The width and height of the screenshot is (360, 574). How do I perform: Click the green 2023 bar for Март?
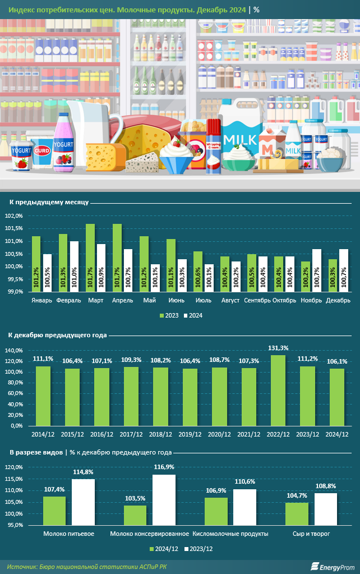pos(90,258)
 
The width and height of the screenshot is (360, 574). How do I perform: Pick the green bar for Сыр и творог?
pos(298,514)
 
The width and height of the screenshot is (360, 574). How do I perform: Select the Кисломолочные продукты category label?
pos(230,534)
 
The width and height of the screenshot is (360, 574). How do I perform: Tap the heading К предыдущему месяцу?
pos(48,201)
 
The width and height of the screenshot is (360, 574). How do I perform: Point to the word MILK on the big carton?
pos(240,139)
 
